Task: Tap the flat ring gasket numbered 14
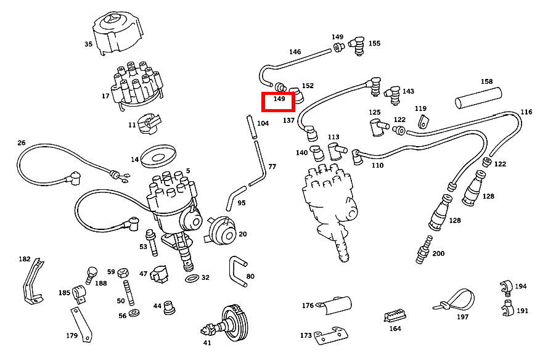point(159,157)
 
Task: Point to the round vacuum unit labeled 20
point(221,231)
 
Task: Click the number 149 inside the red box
point(279,99)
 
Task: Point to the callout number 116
point(526,112)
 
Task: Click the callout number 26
point(22,143)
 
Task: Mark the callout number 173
point(306,335)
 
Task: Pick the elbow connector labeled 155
point(356,45)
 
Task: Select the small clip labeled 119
point(422,121)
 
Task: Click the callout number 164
point(395,329)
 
